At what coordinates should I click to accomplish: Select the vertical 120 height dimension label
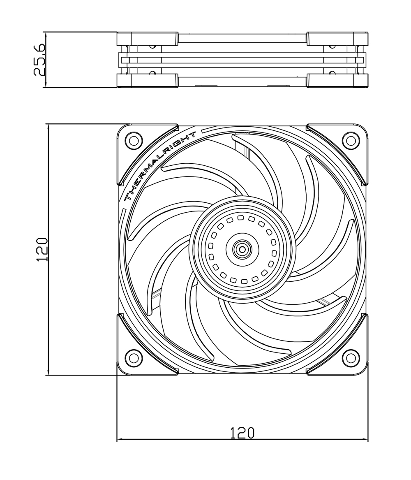[42, 249]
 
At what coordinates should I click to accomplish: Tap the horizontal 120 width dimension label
[242, 433]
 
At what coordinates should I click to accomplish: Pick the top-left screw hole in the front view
[134, 141]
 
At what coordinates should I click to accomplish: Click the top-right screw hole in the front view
[351, 141]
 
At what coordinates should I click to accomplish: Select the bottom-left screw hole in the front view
[134, 358]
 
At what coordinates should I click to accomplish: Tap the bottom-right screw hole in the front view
[351, 358]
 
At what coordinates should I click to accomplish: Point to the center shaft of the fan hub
[242, 249]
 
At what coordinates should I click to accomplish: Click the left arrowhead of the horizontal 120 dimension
[120, 439]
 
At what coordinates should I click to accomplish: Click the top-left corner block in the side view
[147, 39]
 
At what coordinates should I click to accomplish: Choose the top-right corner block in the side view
[337, 39]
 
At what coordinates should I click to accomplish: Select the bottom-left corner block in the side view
[147, 81]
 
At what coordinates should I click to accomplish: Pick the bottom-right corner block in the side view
[337, 81]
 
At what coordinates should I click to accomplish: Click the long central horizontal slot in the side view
[242, 60]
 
